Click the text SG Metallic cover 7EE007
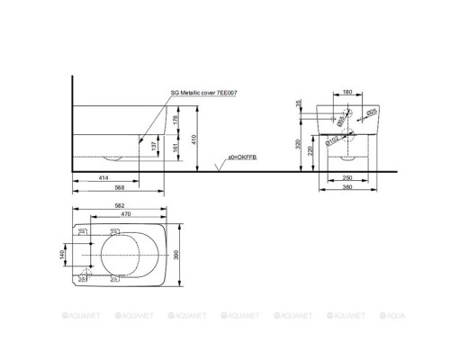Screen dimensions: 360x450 tap(203, 92)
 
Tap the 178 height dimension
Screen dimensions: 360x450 tap(176, 118)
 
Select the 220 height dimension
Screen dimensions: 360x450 tap(310, 152)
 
